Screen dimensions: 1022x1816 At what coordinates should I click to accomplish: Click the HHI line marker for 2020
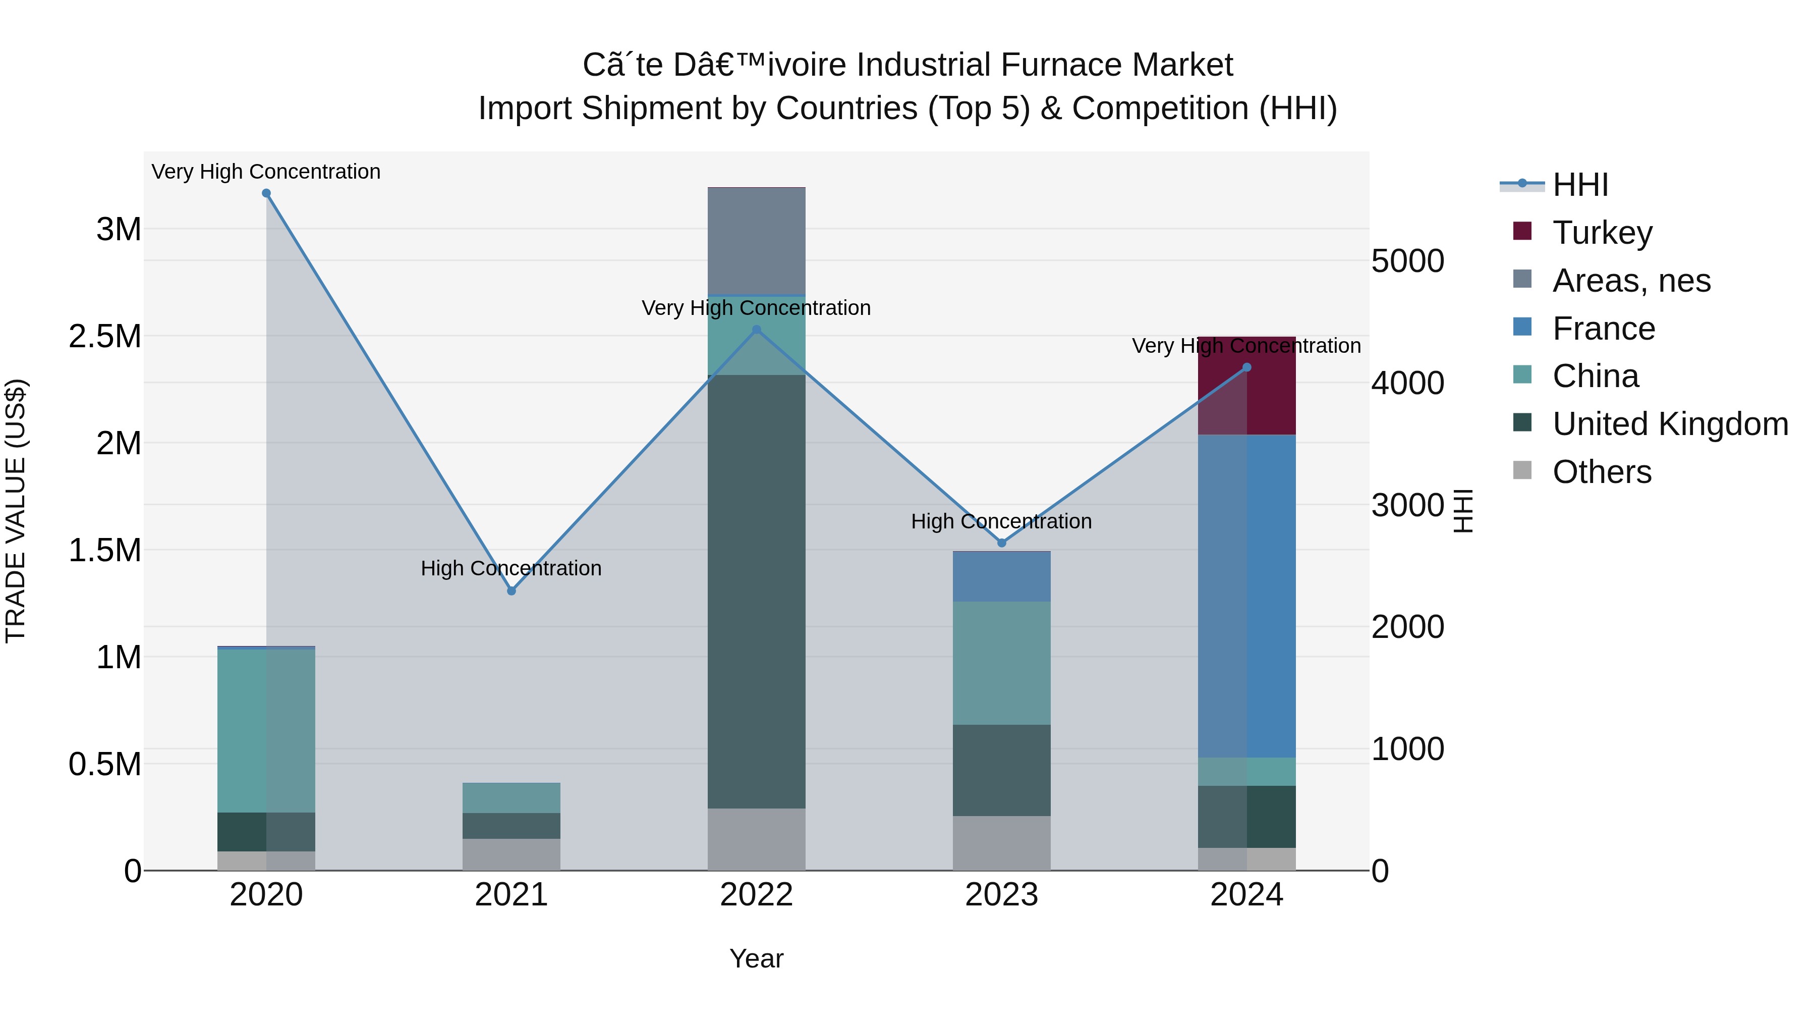[266, 193]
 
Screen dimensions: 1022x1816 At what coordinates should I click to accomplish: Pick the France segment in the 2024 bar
[1246, 596]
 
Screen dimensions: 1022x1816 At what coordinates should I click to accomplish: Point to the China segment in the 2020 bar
[266, 730]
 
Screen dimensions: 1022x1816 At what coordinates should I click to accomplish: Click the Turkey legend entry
[1602, 233]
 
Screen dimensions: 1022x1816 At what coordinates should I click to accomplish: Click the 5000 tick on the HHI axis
[1407, 261]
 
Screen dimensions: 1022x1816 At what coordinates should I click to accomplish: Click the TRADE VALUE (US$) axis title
[16, 511]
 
